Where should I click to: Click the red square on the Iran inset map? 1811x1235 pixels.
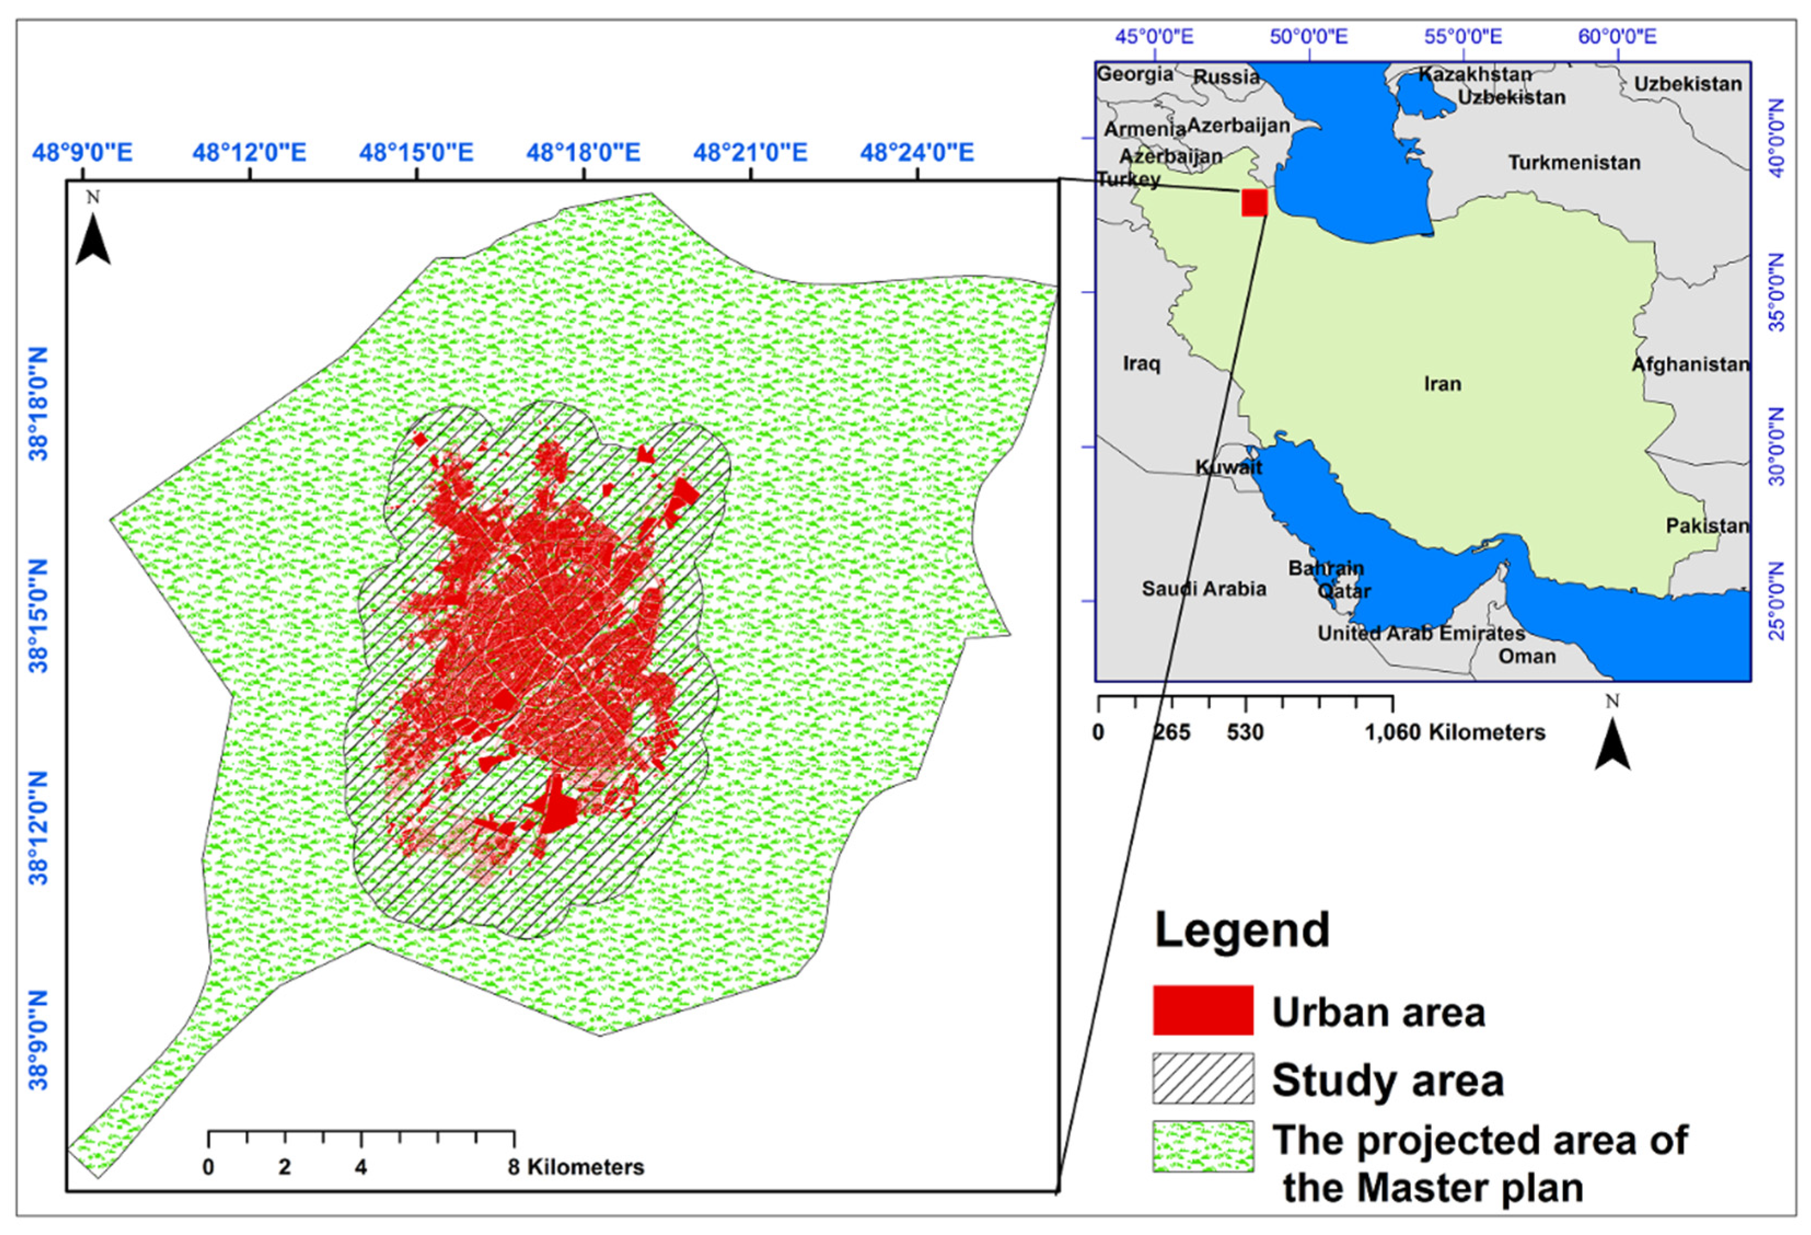(1254, 202)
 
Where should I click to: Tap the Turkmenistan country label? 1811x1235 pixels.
(1574, 163)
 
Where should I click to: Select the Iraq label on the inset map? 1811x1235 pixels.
(1142, 363)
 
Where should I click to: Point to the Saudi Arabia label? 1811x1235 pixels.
(1204, 589)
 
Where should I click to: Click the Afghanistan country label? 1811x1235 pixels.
(1690, 364)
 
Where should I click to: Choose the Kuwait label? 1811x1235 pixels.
(1229, 467)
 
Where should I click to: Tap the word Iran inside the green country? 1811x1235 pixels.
(1442, 383)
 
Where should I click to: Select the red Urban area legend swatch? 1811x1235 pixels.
(1203, 1010)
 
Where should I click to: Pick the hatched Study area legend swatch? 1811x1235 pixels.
(1203, 1079)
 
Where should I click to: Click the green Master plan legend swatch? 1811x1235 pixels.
(1203, 1146)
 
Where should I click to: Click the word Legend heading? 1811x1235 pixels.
(1242, 930)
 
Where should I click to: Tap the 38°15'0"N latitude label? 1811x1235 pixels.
(39, 615)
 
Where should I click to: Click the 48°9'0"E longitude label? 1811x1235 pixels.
(83, 152)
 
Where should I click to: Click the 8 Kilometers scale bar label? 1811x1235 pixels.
(577, 1167)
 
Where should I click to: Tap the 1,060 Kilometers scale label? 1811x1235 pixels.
(1455, 732)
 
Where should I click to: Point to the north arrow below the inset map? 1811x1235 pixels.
(1612, 740)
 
